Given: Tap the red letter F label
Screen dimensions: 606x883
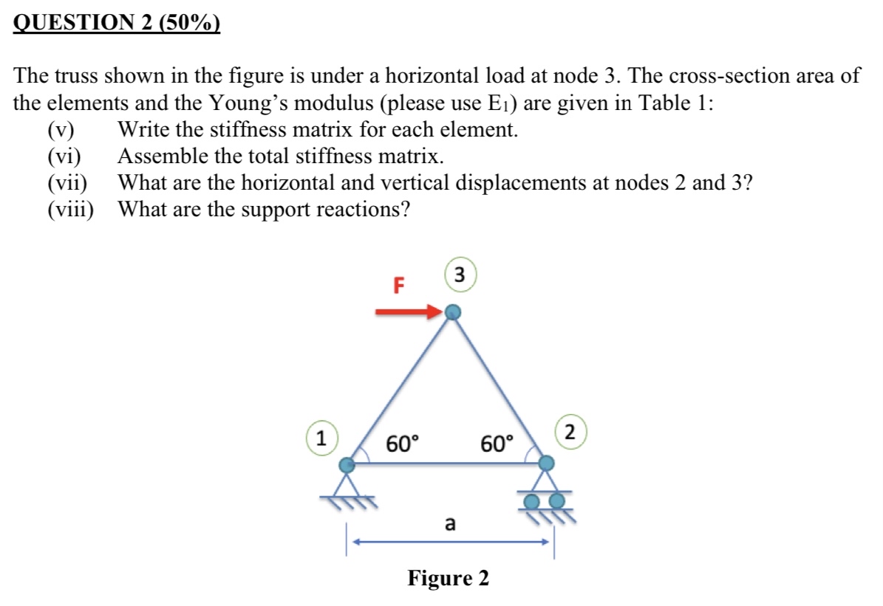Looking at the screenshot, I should [398, 285].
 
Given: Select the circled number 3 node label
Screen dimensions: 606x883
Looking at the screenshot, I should [460, 275].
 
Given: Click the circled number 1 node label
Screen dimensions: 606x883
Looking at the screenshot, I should [321, 437].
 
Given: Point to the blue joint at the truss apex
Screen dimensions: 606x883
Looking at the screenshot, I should [454, 313].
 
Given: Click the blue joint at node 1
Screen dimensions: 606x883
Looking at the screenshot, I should [346, 465].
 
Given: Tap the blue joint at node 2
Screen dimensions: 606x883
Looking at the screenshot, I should [546, 463].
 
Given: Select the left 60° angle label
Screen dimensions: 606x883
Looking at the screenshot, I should [403, 444].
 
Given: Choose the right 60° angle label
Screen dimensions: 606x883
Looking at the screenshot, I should [496, 444].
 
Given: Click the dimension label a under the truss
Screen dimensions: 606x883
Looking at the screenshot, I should [449, 524].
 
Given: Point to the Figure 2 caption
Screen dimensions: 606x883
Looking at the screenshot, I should [448, 578].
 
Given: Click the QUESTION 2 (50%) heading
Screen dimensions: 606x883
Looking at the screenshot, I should [117, 24].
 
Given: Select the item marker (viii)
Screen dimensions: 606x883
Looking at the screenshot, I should [70, 210].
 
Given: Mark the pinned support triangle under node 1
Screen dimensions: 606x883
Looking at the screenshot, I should [347, 485].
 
